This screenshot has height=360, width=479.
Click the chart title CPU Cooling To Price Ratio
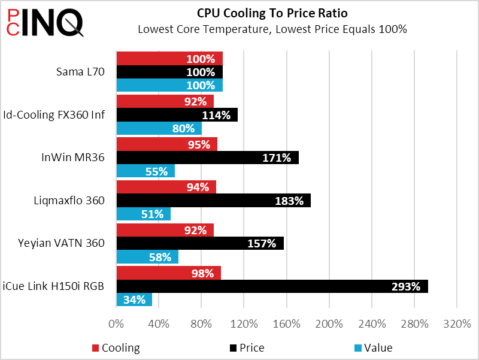(272, 13)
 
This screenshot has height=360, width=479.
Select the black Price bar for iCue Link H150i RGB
(272, 286)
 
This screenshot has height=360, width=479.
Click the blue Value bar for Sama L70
(169, 85)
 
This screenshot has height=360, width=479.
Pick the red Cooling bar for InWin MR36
(166, 144)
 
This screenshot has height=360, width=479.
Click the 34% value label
(134, 300)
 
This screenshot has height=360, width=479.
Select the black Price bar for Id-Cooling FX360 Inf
(177, 115)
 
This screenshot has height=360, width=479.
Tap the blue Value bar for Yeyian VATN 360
(147, 257)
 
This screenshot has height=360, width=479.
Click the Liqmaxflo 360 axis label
(70, 200)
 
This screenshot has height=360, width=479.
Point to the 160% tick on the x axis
(287, 325)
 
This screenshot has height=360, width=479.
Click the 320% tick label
(457, 325)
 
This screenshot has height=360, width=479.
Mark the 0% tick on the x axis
(116, 325)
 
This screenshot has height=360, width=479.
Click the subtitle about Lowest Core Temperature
(272, 29)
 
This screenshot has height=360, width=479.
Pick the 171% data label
(277, 158)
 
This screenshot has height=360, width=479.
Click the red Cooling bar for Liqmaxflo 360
(166, 187)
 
